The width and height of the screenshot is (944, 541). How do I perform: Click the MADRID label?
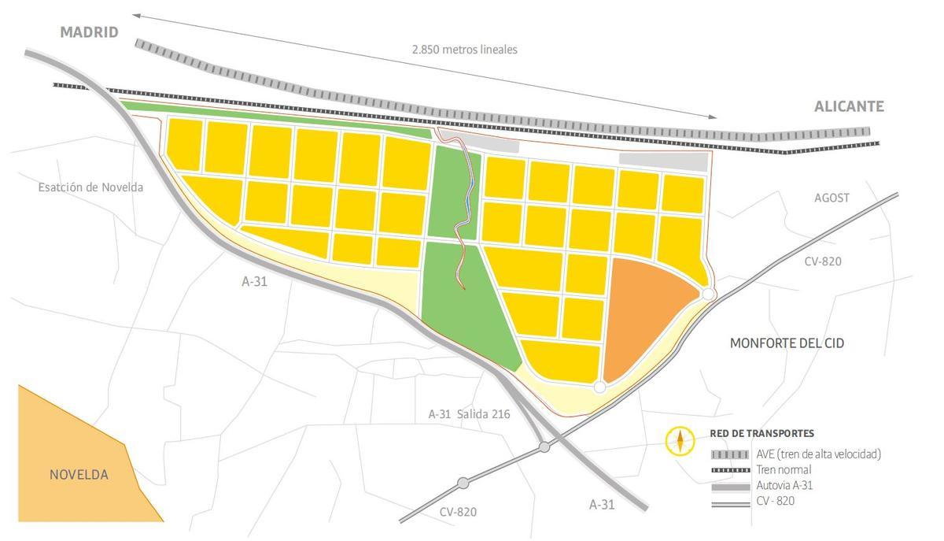[x=90, y=32]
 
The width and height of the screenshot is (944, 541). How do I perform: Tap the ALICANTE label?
[x=849, y=106]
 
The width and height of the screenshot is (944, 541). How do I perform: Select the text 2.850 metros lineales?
[x=465, y=49]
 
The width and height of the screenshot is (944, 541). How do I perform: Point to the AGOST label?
[x=832, y=198]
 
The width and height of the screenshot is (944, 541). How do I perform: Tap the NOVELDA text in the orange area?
[x=79, y=475]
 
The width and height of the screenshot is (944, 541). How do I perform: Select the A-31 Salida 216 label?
[x=469, y=413]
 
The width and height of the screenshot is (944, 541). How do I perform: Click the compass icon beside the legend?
[x=680, y=441]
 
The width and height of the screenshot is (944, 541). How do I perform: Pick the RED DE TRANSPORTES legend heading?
[x=761, y=433]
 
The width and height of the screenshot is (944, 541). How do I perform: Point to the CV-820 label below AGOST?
[x=822, y=261]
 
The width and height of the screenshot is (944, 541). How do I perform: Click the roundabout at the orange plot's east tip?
[x=708, y=294]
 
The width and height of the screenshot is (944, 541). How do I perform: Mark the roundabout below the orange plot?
[x=599, y=387]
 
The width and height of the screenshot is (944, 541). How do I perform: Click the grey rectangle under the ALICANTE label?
[x=663, y=161]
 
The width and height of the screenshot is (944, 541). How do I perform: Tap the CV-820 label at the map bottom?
[x=458, y=512]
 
